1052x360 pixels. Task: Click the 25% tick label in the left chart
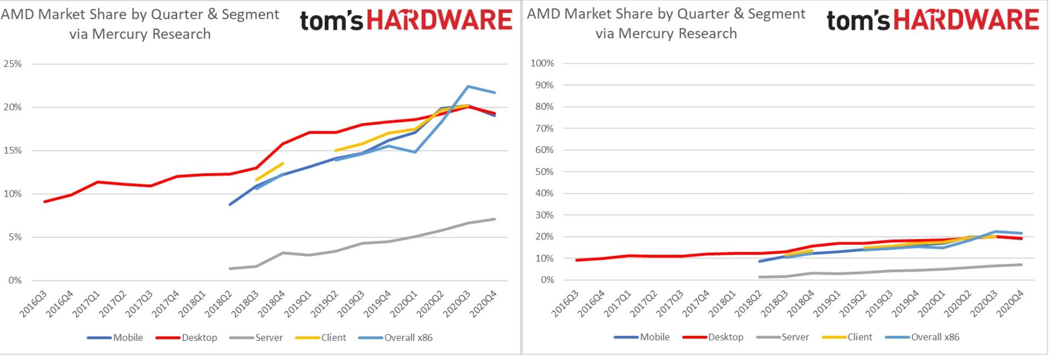coord(13,64)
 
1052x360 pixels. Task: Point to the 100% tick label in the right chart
coord(542,63)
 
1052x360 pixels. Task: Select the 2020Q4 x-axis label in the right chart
coord(1010,303)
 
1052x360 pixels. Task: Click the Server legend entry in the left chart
coord(268,338)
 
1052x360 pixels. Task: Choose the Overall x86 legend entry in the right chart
coord(935,337)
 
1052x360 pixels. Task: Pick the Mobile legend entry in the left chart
coord(128,338)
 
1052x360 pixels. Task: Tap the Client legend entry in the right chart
coord(859,337)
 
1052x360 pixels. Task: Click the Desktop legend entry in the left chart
coord(199,338)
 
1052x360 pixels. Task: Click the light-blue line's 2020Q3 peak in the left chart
coord(468,86)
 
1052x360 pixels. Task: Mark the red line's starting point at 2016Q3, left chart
coord(44,202)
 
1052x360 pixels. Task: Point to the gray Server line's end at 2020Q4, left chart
coord(495,219)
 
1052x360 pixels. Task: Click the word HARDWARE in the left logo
coord(439,20)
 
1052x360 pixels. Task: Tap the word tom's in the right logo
coord(857,21)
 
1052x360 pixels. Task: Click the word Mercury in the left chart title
coord(120,34)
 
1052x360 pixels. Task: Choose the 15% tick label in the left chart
coord(13,150)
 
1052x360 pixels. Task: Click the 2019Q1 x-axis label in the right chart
coord(826,303)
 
